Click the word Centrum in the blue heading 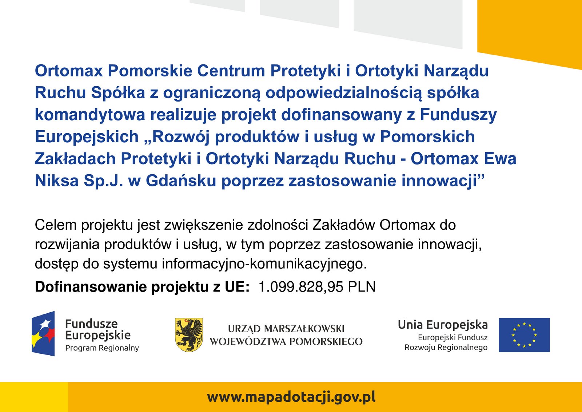[231, 71]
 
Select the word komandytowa [90, 115]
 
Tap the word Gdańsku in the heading [181, 181]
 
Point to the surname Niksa [57, 181]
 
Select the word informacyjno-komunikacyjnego [264, 264]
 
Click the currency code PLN [362, 287]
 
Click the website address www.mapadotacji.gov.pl [291, 397]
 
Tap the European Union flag [524, 335]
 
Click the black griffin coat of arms [189, 335]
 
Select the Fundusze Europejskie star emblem [43, 333]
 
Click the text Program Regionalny [102, 348]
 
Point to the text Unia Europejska [443, 325]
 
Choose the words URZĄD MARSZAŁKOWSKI [286, 329]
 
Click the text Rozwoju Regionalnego [446, 348]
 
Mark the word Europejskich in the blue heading [87, 137]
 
